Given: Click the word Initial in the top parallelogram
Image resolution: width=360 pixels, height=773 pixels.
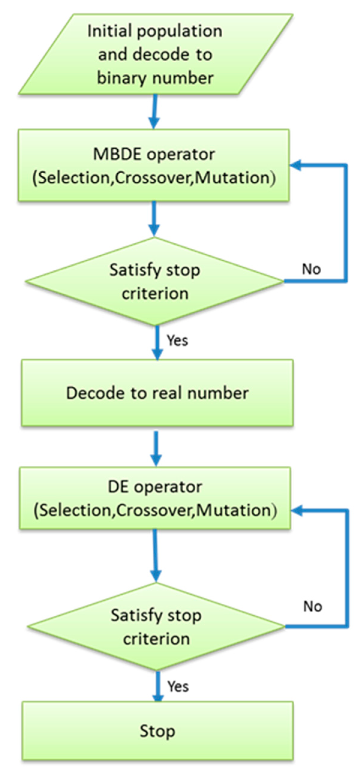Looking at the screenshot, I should click(109, 31).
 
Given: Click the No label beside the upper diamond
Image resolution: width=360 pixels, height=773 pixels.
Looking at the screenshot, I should click(311, 269).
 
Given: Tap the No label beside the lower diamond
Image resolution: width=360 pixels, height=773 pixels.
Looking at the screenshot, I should click(313, 606).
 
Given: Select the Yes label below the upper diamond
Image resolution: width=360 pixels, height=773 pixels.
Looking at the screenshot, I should click(177, 340).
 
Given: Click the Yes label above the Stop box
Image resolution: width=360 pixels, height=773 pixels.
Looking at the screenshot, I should click(178, 686).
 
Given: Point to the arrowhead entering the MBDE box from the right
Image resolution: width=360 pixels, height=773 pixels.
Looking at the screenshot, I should click(296, 165).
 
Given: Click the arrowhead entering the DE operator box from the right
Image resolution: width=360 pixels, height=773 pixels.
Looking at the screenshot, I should click(297, 510).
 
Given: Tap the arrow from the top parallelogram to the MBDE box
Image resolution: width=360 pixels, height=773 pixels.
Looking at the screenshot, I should click(154, 111).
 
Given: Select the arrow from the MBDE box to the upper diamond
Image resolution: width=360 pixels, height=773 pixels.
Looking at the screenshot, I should click(154, 219).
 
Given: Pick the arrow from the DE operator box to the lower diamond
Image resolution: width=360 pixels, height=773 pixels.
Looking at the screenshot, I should click(155, 556).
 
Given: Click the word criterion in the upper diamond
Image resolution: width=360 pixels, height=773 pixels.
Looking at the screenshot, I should click(155, 293).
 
